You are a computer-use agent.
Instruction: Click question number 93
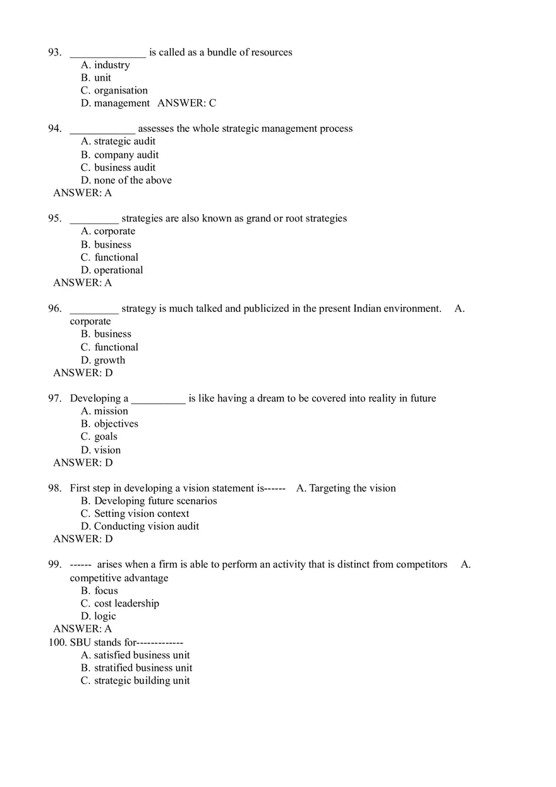tap(54, 52)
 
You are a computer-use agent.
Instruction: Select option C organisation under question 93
tap(114, 90)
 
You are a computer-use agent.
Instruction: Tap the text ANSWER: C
tap(186, 103)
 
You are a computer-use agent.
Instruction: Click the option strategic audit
tap(118, 141)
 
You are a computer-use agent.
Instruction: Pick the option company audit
tap(120, 155)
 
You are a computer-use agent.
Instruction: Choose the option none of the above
tap(126, 180)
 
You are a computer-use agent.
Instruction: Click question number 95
tap(54, 218)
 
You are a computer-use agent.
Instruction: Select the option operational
tap(112, 270)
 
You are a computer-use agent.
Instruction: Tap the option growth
tap(103, 360)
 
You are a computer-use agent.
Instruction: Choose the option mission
tap(104, 411)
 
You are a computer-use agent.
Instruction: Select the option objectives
tap(109, 423)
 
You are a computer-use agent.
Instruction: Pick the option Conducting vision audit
tap(140, 526)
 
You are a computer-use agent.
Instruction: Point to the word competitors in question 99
tap(421, 564)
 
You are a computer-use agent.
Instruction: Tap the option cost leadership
tap(120, 603)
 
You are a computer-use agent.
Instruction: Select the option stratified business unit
tap(136, 668)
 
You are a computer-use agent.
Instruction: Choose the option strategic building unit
tap(135, 680)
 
